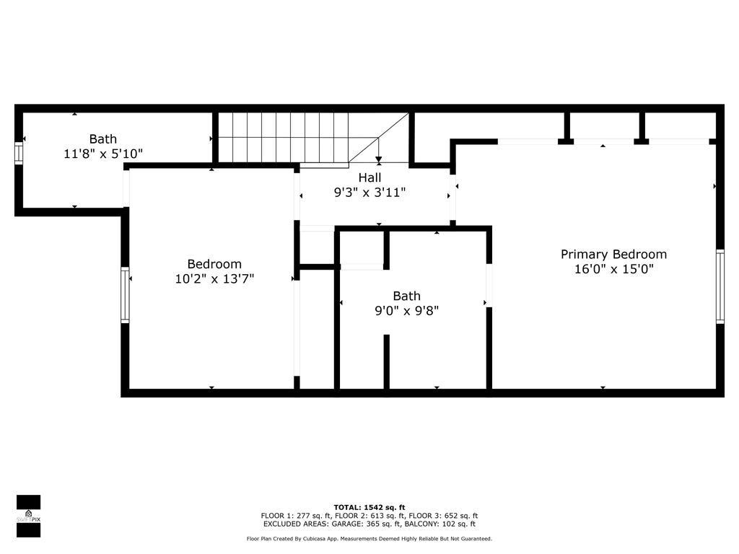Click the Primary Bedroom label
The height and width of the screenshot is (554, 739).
click(x=613, y=255)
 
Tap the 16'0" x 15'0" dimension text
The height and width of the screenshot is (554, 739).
click(x=613, y=269)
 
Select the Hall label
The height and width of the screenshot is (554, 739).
click(x=369, y=177)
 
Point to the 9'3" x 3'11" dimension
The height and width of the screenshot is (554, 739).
click(x=369, y=192)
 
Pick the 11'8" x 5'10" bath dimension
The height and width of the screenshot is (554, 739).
click(x=103, y=154)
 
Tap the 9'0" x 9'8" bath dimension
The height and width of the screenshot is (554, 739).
click(x=407, y=310)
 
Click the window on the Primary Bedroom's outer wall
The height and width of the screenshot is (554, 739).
click(x=720, y=286)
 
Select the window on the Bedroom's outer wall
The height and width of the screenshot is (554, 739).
click(x=125, y=295)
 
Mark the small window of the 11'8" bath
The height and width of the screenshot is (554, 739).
click(x=18, y=154)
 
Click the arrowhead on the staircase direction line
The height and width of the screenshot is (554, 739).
click(x=378, y=159)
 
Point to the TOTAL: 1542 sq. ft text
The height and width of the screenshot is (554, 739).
click(x=369, y=507)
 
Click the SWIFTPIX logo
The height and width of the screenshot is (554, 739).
click(x=28, y=516)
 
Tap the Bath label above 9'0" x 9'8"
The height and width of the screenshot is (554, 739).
click(x=407, y=296)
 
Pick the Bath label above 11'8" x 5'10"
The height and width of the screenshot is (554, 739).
click(x=103, y=139)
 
